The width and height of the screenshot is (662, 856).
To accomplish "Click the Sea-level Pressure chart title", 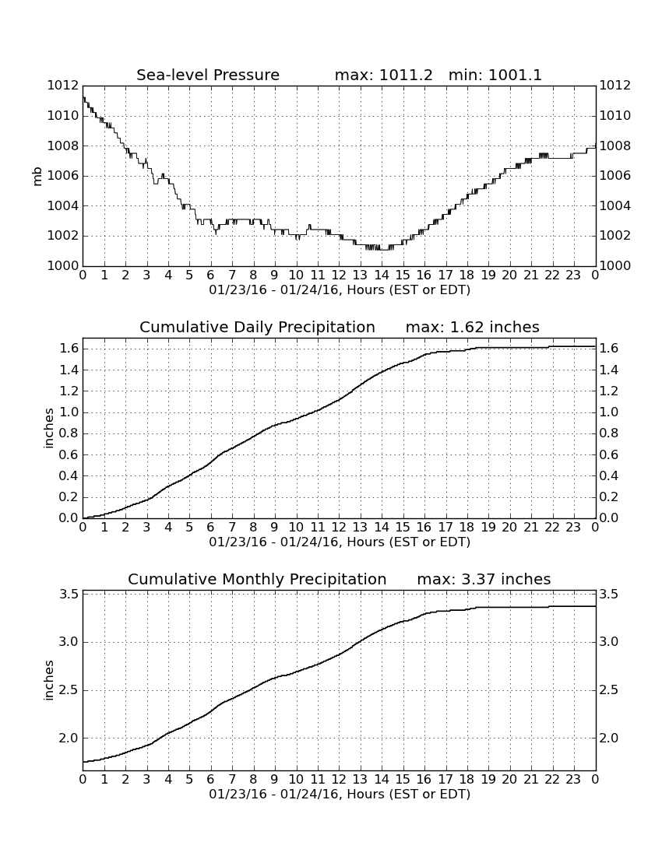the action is point(208,75).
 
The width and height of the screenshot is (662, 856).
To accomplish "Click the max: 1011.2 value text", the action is point(383,75).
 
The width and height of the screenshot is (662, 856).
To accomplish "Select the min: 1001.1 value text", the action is point(495,75).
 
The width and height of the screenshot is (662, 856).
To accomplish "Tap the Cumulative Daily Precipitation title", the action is point(257,327).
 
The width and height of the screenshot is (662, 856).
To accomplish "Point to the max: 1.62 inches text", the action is point(473,327).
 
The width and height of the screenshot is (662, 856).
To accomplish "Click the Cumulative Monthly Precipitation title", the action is point(257,579).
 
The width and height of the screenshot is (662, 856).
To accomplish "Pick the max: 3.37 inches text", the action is point(484,579).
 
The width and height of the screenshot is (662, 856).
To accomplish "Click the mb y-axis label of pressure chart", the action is point(37,177).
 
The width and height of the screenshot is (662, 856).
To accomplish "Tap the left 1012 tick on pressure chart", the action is point(63,86).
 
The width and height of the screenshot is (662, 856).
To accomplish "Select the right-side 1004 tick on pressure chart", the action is point(615,205).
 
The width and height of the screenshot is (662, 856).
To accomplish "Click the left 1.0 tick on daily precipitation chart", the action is point(70,412).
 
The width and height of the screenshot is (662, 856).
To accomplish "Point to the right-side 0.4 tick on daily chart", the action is point(608,475).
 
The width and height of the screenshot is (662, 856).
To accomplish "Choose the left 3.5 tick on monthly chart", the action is point(70,594).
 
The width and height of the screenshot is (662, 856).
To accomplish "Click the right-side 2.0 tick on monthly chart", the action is point(608,738).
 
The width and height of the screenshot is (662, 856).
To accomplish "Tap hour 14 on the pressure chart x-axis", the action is point(382,275).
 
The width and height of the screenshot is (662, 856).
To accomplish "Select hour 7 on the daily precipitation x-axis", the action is point(232,528).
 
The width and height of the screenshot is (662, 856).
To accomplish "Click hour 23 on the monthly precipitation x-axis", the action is point(573,779).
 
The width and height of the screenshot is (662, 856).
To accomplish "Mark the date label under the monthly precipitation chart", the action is point(340,794).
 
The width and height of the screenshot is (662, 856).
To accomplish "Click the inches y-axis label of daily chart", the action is point(49,429).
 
